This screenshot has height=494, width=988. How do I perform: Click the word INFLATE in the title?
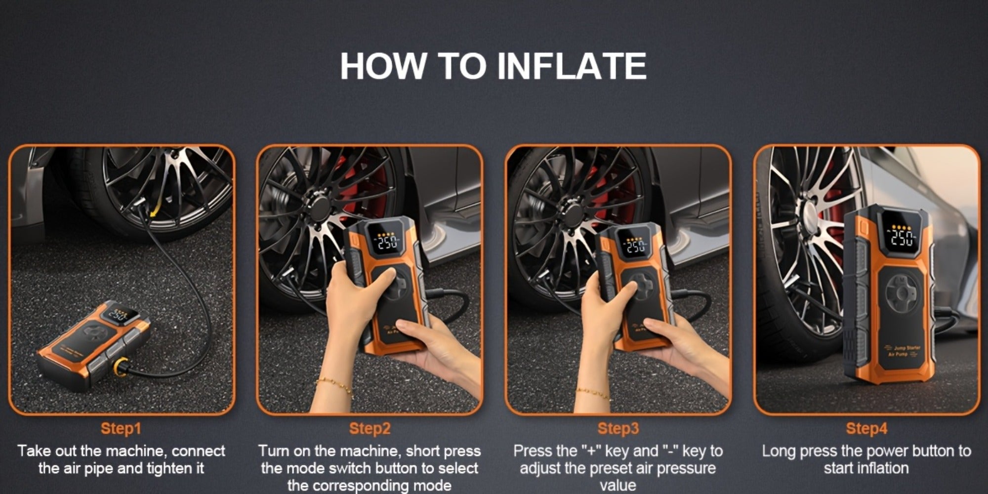pos(571,65)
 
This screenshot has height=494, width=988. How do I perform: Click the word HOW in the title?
pos(382,65)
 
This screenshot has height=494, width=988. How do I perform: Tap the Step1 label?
pos(121,428)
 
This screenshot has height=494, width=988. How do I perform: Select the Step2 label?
pos(370,428)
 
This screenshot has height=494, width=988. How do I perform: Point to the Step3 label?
pos(618,428)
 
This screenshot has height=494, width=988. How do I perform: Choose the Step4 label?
pos(866,428)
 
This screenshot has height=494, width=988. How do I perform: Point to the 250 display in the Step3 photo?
pos(636,246)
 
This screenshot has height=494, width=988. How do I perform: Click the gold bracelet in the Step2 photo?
pos(335,386)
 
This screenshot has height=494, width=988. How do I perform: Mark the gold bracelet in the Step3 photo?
pos(593,393)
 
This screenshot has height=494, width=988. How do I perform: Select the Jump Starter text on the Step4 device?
pos(907,348)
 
